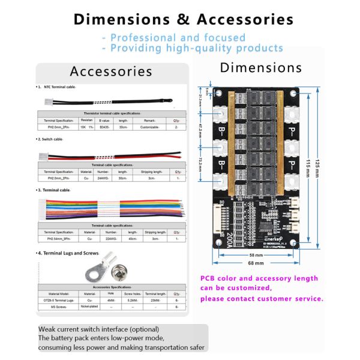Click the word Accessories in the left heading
[x=111, y=71]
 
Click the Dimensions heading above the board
[x=260, y=67]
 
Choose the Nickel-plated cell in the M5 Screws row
[x=89, y=307]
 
